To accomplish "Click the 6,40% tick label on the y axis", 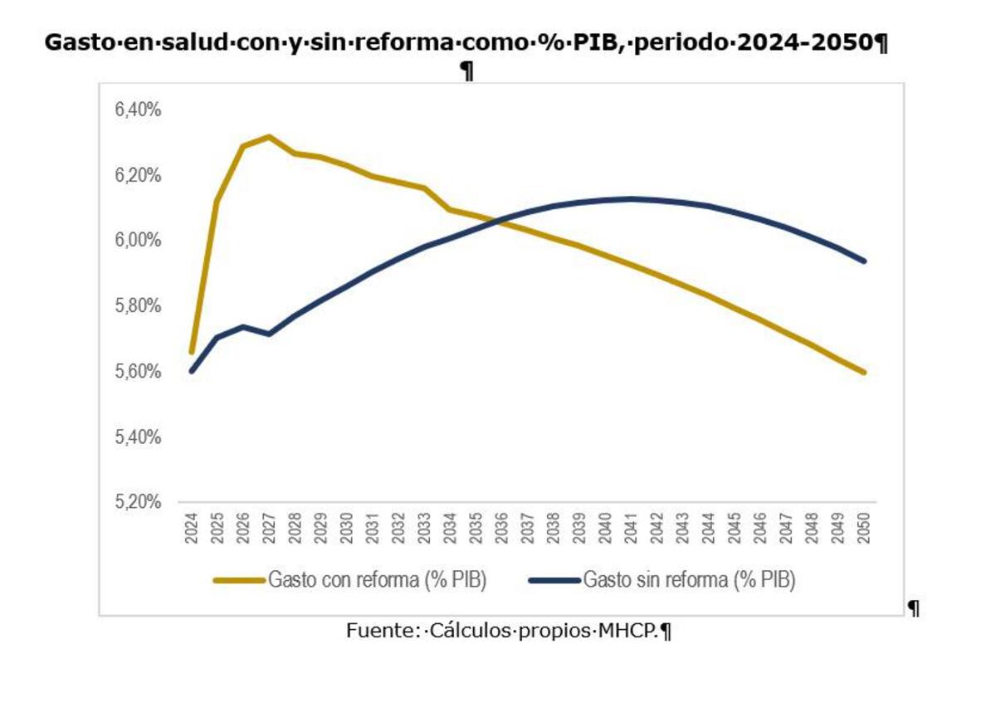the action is pos(139,110).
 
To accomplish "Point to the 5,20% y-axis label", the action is pos(139,502).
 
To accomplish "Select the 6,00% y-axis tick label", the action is pos(139,240).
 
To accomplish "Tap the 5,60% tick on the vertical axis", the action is pos(139,371).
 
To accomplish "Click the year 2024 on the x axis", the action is pos(192,528).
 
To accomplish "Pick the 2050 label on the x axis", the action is pos(864,528).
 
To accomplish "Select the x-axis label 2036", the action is pos(502,528).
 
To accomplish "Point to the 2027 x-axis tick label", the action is pos(270,528).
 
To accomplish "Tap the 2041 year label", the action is pos(632,528).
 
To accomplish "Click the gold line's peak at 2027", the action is pos(269,136).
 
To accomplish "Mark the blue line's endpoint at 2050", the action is pos(864,261).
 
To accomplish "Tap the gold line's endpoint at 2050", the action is pos(864,372).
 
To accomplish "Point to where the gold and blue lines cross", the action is pos(495,221).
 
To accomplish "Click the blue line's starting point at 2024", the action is pos(192,371).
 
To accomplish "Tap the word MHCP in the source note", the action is pos(627,631).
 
